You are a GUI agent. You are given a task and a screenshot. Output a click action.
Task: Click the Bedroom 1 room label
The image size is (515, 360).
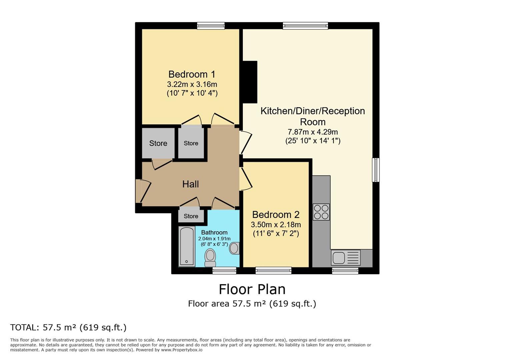(x=192, y=74)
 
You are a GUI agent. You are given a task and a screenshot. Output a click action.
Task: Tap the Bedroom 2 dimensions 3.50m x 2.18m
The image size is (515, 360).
(x=276, y=224)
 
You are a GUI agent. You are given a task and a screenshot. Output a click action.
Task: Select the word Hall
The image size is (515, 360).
(x=190, y=184)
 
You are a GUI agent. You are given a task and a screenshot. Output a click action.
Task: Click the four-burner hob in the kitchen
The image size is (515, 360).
(x=321, y=212)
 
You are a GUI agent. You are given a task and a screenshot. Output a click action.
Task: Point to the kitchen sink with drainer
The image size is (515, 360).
(x=346, y=258)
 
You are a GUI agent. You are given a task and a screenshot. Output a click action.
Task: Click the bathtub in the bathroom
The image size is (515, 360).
(x=187, y=247)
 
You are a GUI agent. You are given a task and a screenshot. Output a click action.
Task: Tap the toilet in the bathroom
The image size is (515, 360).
(x=210, y=258)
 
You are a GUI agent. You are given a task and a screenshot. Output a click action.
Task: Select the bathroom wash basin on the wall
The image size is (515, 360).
(x=234, y=248)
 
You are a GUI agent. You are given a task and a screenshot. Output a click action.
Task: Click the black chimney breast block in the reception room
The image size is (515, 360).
(x=250, y=82)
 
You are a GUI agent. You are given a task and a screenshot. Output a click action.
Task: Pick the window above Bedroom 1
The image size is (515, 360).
(x=211, y=26)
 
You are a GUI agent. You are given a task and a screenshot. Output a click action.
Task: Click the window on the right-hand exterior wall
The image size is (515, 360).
(x=376, y=170)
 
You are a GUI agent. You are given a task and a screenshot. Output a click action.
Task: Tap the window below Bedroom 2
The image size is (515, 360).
(x=274, y=271)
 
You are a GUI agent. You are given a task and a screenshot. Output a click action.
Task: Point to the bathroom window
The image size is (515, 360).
(x=224, y=271)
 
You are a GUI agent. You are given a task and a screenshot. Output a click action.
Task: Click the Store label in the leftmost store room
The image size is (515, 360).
(x=158, y=143)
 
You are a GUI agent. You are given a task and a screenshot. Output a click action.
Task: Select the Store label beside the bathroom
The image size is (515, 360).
(x=191, y=216)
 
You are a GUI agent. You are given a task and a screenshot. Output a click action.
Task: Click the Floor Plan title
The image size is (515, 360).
(x=252, y=289)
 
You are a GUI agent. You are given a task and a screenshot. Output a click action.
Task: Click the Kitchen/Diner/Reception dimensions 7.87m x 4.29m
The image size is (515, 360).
(x=313, y=132)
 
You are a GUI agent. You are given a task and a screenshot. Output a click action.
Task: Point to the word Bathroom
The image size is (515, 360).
(x=214, y=232)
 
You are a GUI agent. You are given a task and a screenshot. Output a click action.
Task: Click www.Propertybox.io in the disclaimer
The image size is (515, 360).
(x=182, y=350)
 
